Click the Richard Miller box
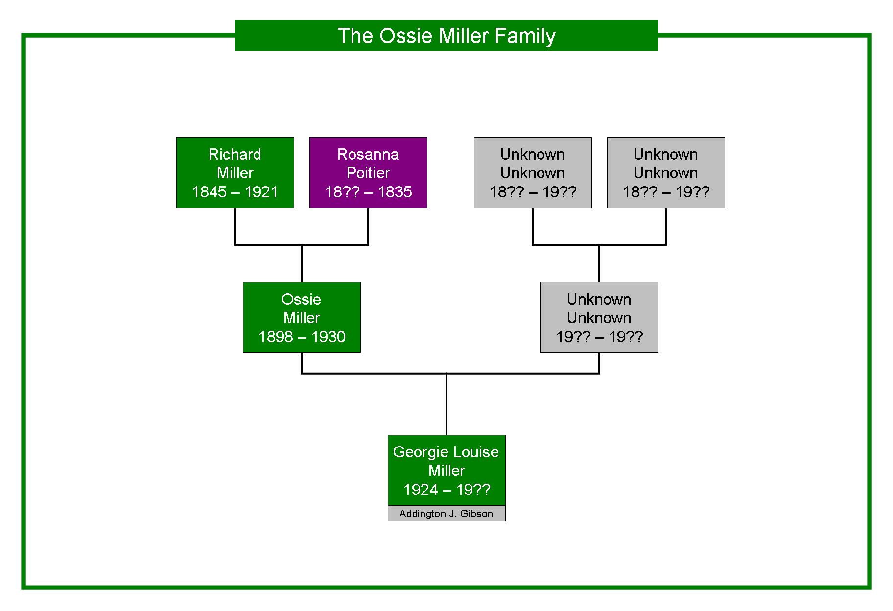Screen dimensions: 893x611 [235, 172]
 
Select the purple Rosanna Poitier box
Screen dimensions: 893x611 [368, 172]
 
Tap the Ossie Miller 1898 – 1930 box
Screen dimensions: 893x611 [302, 317]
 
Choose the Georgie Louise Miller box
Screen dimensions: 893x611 [446, 470]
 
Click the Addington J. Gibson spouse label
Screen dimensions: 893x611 [446, 514]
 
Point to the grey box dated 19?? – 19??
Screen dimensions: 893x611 [599, 317]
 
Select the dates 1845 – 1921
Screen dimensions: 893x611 [235, 192]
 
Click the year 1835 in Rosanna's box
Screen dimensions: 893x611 [395, 192]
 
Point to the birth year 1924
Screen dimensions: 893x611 [421, 490]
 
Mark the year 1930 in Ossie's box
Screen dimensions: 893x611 [329, 337]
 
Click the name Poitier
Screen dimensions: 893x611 [368, 173]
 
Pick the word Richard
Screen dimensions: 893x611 [235, 154]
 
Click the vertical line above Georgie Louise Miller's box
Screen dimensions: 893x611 [446, 404]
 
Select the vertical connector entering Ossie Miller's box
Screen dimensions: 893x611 [302, 263]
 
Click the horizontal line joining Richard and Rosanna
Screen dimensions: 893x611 [302, 244]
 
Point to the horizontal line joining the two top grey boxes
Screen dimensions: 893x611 [599, 244]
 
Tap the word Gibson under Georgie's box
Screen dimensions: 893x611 [476, 514]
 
